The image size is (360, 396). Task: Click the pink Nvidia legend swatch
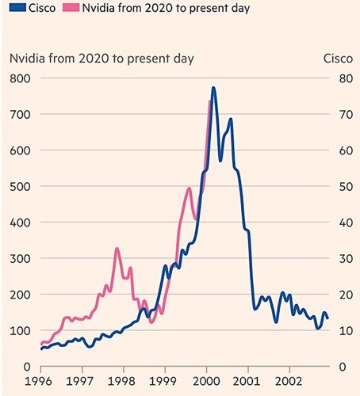[x=73, y=9]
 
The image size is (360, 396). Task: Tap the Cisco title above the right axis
[x=339, y=58]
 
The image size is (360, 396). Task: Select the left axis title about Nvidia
[x=101, y=58]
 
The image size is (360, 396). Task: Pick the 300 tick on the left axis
[x=19, y=258]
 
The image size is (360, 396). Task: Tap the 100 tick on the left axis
[x=19, y=330]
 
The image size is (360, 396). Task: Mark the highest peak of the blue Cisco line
[x=213, y=88]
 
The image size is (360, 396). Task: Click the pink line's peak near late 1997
[x=117, y=249]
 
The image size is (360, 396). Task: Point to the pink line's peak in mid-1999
[x=189, y=188]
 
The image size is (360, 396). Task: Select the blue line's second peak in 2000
[x=231, y=120]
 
